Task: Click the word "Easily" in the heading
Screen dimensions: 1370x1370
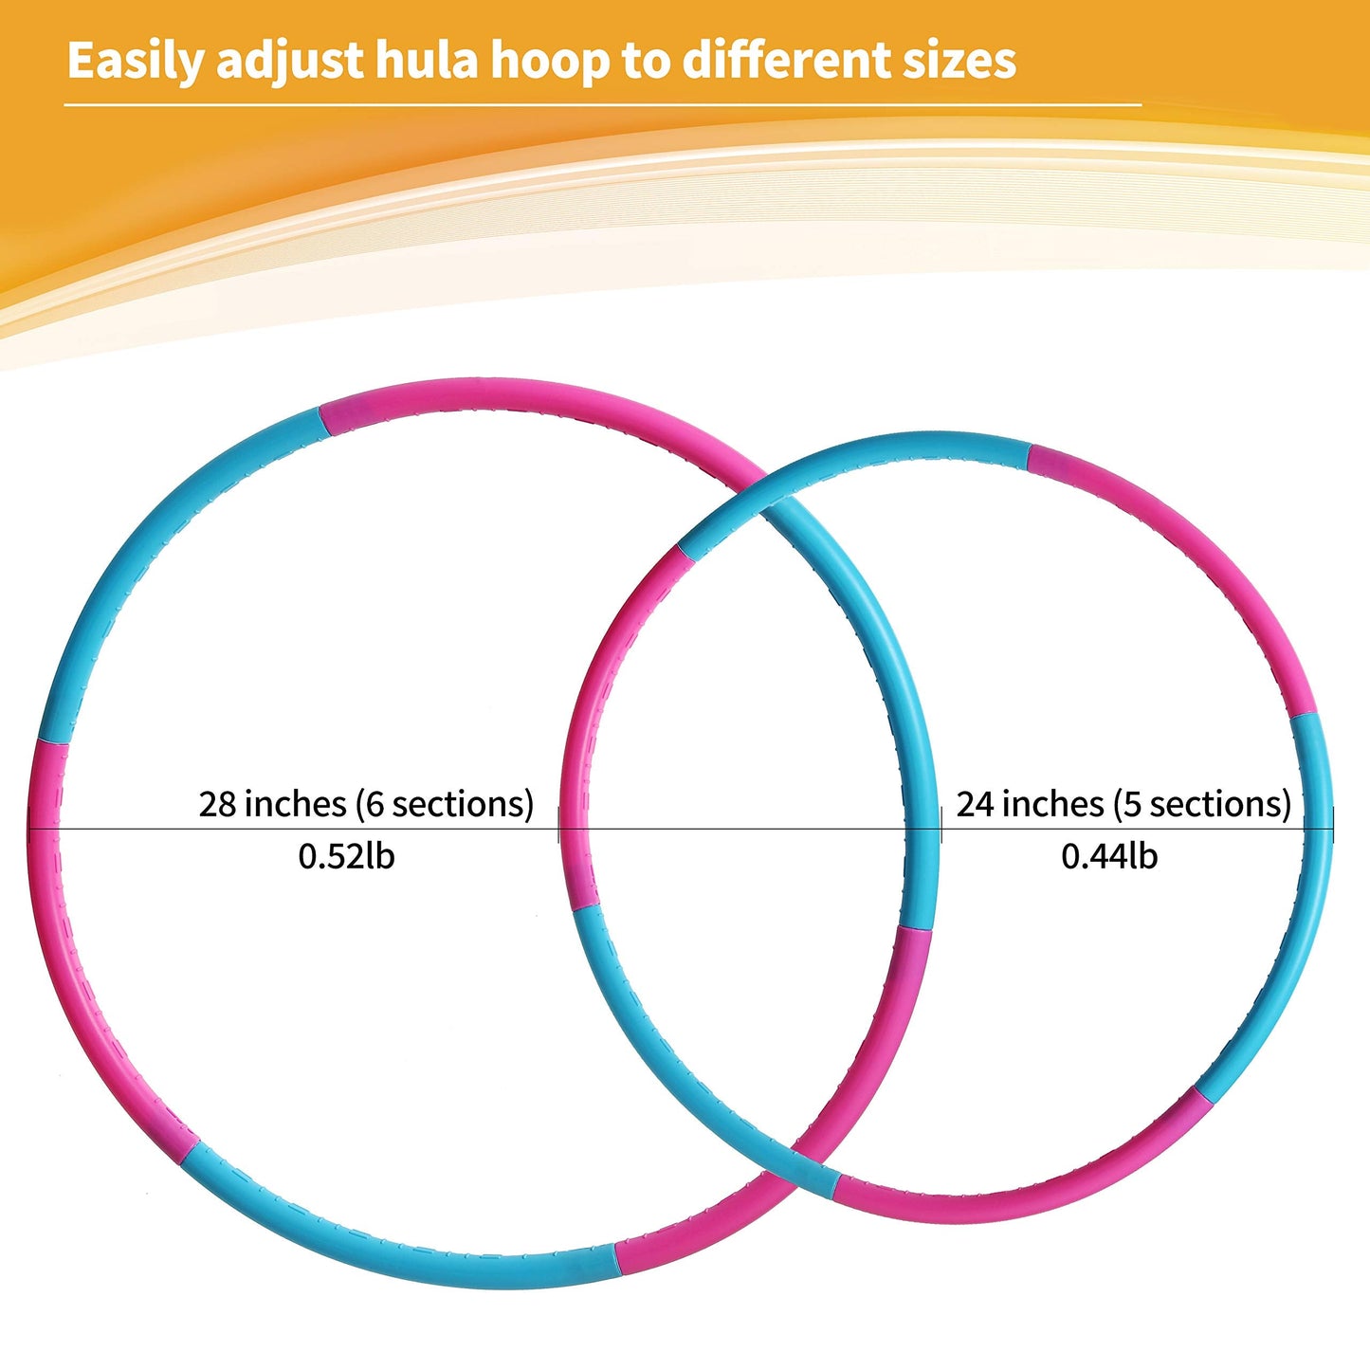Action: pos(135,62)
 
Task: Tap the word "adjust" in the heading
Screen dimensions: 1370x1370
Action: pos(290,62)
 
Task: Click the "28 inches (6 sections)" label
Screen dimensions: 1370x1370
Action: pos(366,804)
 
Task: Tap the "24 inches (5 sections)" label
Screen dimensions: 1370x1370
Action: pos(1123,804)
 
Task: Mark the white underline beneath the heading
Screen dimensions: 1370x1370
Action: pos(603,105)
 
